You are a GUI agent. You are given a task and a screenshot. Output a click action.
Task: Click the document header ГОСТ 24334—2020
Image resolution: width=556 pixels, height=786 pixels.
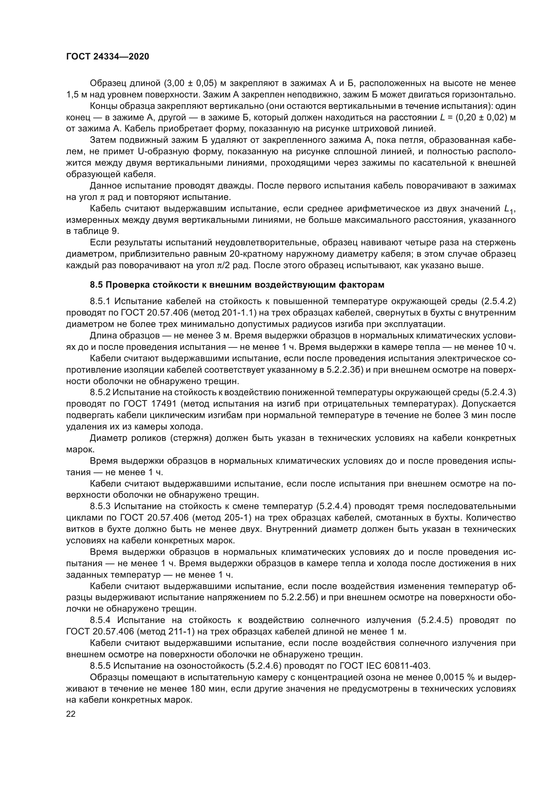pos(108,56)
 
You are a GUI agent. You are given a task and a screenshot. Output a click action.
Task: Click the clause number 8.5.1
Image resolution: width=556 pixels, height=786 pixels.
pos(101,301)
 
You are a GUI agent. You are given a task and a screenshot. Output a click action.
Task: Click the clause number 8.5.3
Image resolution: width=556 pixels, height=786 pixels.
pos(101,506)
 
